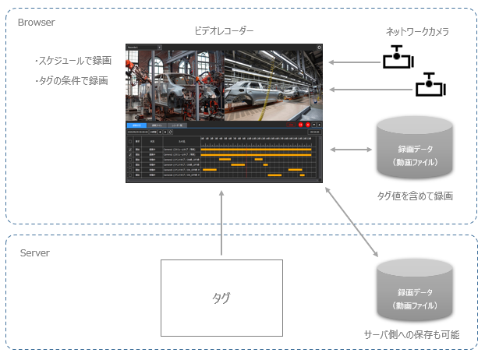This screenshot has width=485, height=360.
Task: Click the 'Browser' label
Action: [x=36, y=23]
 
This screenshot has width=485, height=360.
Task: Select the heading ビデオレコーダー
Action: [x=224, y=31]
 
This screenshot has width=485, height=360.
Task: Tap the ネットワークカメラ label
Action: [x=417, y=32]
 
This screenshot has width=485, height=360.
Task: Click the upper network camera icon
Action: [x=397, y=58]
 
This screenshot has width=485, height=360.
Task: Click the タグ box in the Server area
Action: [x=221, y=298]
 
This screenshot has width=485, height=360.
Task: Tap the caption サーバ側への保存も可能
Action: [x=412, y=334]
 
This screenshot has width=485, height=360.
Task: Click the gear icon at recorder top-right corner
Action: [x=319, y=48]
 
